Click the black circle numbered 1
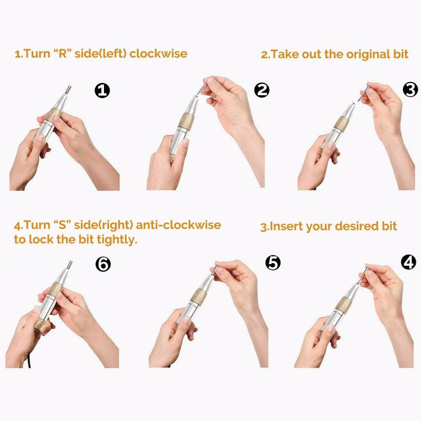102,90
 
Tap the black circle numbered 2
262,90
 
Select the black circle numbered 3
411,90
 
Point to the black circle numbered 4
408,262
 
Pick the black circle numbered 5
273,263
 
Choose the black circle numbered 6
103,264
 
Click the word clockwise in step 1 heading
158,54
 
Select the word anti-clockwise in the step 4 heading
179,225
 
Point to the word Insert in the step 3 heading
286,226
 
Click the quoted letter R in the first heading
63,54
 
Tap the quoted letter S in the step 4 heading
62,225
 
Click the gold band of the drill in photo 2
186,121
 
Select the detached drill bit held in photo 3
364,93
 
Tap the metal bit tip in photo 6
70,265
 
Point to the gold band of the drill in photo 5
198,295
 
